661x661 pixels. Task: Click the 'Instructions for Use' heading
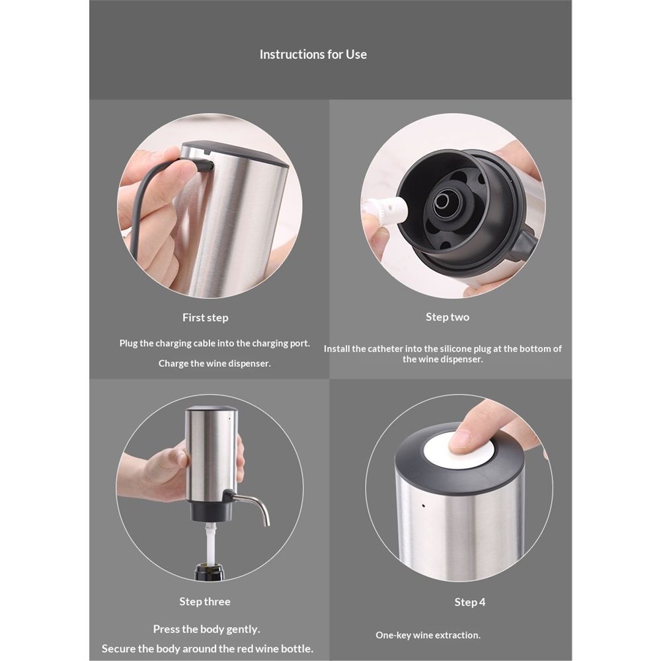point(313,54)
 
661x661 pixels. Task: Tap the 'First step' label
point(206,317)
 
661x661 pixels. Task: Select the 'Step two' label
point(447,317)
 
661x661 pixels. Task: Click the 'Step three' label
point(205,601)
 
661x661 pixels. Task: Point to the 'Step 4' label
point(469,602)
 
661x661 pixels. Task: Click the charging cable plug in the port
point(205,165)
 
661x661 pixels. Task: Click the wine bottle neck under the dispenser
point(209,571)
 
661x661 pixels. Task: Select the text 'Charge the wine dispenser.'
point(215,364)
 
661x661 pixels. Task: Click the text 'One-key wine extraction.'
point(428,635)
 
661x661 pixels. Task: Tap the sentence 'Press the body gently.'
point(206,629)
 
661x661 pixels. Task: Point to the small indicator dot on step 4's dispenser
point(423,506)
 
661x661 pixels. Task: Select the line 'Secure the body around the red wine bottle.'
point(208,648)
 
